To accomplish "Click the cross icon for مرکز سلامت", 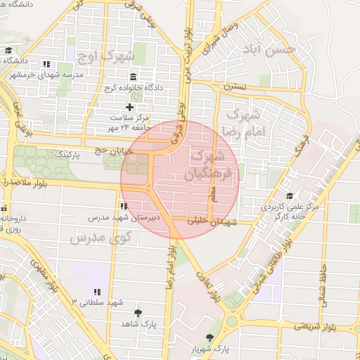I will tap(129, 106).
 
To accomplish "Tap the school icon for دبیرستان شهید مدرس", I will tap(124, 207).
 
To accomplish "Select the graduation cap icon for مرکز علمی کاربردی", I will tap(290, 196).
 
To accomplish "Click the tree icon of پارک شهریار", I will tap(210, 337).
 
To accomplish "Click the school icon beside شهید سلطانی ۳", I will tap(97, 292).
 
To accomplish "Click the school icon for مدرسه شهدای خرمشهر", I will tap(46, 63).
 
